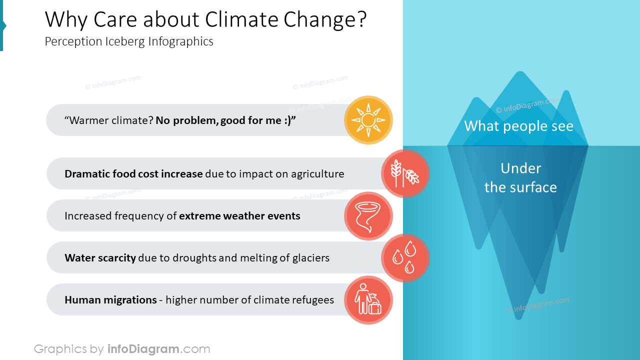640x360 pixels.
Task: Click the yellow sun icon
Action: (x=368, y=120)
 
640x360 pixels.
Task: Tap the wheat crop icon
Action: (x=405, y=173)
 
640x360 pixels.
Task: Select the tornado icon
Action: (x=368, y=216)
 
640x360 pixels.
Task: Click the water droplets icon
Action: (x=405, y=258)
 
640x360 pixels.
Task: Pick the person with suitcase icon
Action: (x=368, y=300)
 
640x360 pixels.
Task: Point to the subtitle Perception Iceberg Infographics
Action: (x=129, y=41)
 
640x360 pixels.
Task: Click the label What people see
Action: (x=518, y=125)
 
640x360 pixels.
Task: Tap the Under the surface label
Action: (x=520, y=178)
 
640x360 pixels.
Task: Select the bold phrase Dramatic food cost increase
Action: (x=133, y=174)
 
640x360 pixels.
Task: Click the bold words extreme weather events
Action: (x=239, y=216)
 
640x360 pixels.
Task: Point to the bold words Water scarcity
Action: (x=100, y=258)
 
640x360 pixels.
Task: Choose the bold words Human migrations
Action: (x=110, y=300)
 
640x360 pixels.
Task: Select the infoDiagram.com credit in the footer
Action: (x=158, y=349)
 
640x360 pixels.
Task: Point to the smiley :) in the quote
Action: (x=286, y=120)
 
